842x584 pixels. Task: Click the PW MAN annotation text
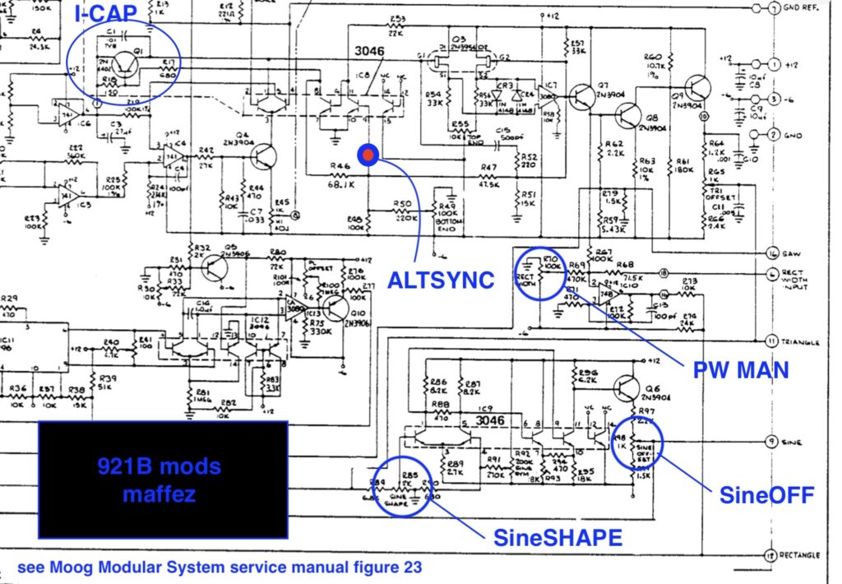pos(741,370)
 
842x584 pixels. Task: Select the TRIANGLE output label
pos(803,340)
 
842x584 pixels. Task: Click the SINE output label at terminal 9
pos(793,443)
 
